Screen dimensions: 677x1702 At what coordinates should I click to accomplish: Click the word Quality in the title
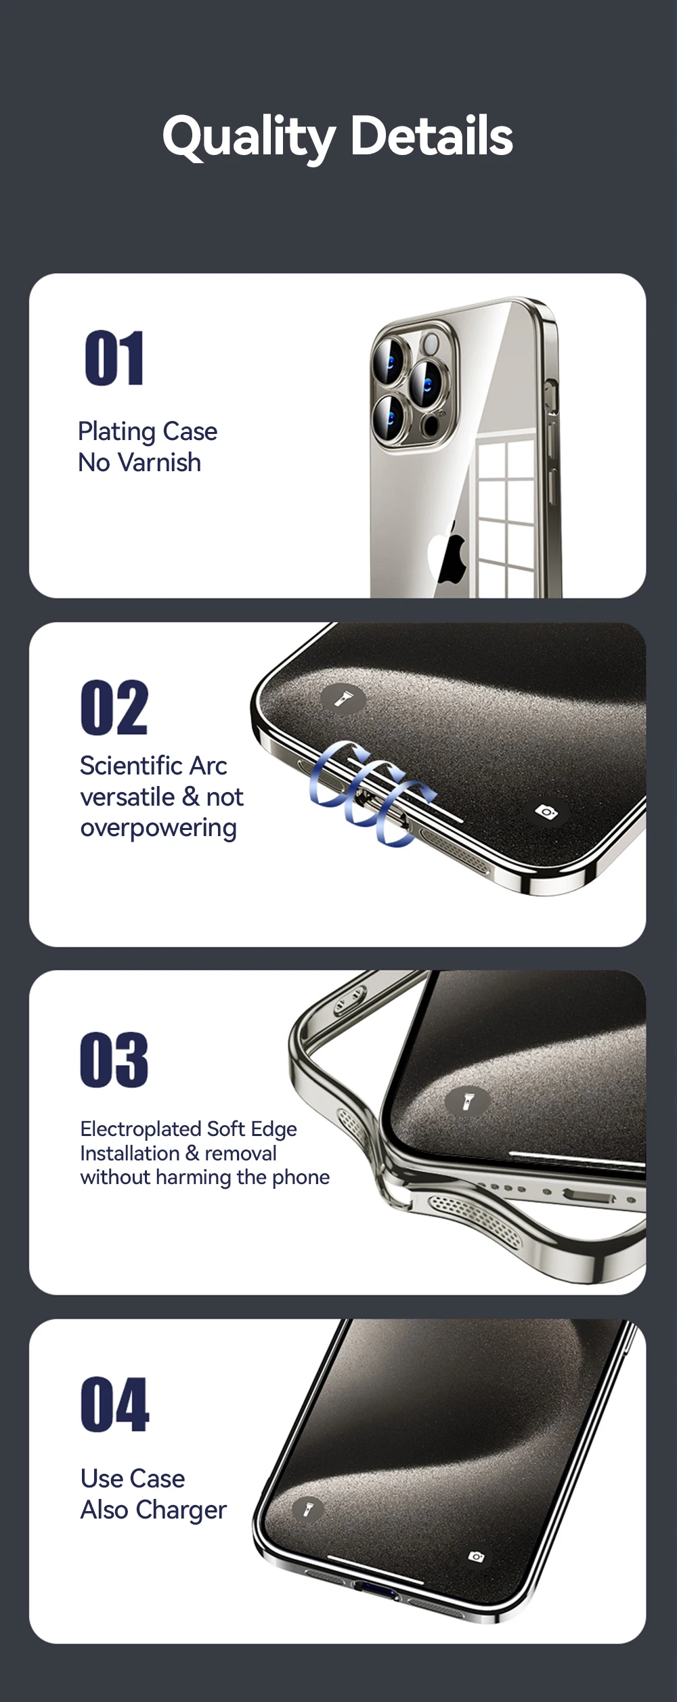coord(248,137)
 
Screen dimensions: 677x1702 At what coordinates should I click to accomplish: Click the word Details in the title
coord(432,135)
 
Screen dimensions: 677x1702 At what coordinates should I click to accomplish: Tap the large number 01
coord(114,358)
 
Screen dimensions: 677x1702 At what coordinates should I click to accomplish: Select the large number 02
coord(114,707)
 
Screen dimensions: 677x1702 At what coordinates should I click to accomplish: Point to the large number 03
coord(114,1060)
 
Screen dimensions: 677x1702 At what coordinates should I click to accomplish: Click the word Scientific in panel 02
coord(131,766)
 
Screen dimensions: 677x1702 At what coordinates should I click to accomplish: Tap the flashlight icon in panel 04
coord(308,1509)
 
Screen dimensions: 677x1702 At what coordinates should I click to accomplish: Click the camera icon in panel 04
coord(477,1556)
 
